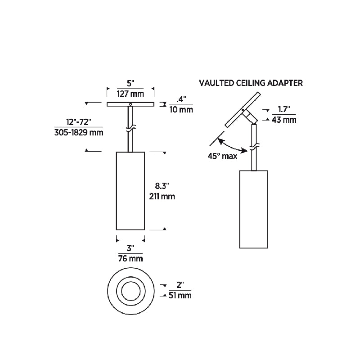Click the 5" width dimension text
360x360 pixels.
(130, 84)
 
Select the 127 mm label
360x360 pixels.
(130, 94)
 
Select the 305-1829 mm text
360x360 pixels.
(78, 132)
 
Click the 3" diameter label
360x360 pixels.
(130, 248)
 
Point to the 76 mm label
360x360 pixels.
(130, 259)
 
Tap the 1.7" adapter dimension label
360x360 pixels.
(283, 109)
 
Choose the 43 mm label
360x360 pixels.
(283, 120)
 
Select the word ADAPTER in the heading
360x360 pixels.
(285, 83)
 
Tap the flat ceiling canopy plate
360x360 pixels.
(130, 104)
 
